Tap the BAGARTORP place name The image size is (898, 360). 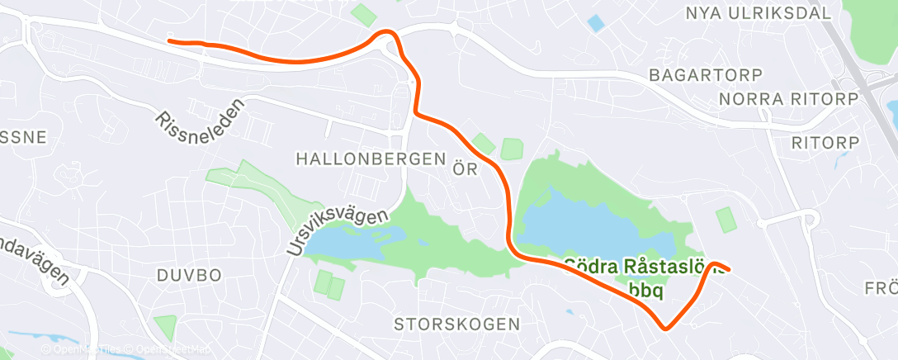697,74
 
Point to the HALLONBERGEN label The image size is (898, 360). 377,159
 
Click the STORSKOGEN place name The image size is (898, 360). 457,323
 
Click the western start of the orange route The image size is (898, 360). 169,40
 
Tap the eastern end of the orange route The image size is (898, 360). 728,268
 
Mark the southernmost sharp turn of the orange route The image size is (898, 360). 666,328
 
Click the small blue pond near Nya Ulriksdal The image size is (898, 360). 595,23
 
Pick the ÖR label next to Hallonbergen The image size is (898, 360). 466,169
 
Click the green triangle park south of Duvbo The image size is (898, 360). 165,325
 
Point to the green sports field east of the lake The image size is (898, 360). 725,220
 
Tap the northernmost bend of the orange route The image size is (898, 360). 385,32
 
